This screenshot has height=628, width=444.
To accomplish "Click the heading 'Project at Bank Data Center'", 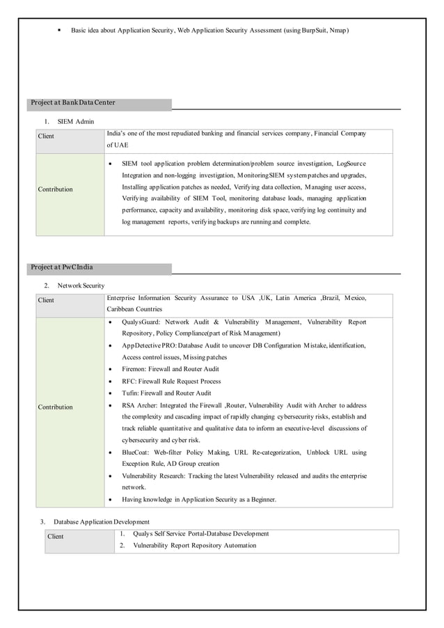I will coord(72,103).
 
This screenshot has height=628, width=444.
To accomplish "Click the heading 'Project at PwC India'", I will coord(61,267).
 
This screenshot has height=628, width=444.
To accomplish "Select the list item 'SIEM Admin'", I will coord(76,121).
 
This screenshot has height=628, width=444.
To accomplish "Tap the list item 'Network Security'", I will coord(81,285).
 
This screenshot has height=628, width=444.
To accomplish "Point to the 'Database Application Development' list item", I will coord(102,521).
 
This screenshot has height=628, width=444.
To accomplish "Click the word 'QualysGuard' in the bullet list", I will coord(140,322).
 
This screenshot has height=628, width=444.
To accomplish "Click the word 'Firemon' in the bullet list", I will coord(134,369).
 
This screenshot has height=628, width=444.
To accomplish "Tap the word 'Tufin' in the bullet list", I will coord(130,393).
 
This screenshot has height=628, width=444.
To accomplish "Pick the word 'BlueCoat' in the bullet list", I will coord(137,452).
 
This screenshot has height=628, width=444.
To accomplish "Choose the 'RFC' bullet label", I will coord(128,381).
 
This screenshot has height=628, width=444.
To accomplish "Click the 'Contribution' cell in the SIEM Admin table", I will coord(56,189).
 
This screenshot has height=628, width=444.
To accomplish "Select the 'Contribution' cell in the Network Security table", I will coord(56,407).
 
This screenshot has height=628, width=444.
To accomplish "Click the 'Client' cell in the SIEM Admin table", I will coord(46,136).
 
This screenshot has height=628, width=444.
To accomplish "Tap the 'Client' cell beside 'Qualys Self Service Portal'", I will coord(55,536).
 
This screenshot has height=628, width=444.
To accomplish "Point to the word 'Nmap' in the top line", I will coord(337,31).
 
